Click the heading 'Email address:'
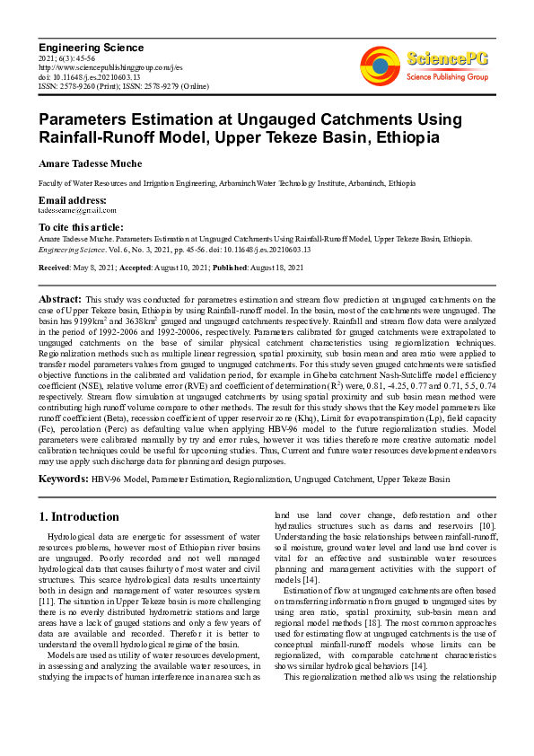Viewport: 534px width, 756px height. click(x=72, y=199)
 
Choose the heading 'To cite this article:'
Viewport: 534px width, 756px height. click(x=81, y=228)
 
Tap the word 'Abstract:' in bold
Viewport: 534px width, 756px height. click(x=61, y=298)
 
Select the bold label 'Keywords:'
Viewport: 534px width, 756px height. click(x=62, y=479)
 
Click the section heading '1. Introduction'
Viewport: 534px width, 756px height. click(x=80, y=517)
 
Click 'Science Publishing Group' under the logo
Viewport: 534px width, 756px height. click(x=446, y=77)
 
